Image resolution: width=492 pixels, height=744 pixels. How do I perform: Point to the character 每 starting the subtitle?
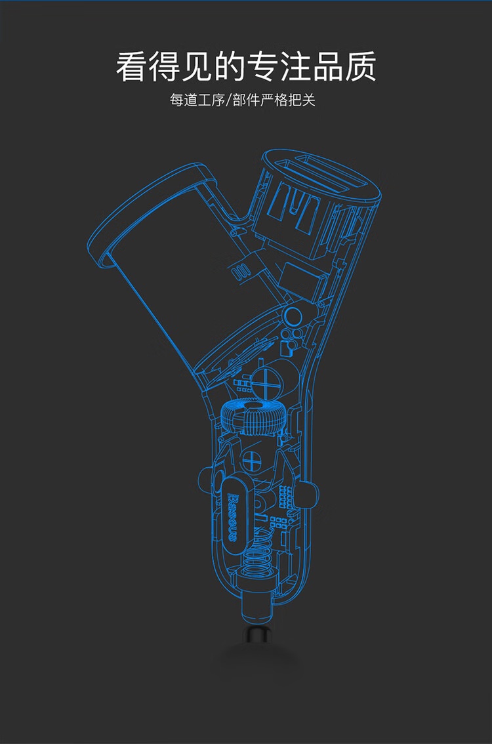click(x=176, y=100)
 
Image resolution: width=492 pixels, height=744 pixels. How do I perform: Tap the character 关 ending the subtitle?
click(x=309, y=100)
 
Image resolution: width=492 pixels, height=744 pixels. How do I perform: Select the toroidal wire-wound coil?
click(x=251, y=416)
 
